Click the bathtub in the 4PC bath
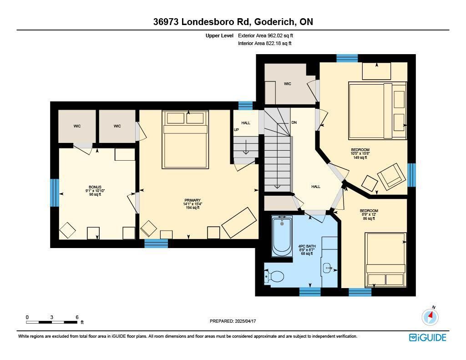coord(282,237)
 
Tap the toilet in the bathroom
coord(275,276)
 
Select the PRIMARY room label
coord(192,200)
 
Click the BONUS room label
coord(95,187)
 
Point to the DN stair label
coord(294,122)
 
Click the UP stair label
coord(236,130)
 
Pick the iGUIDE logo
coord(427,337)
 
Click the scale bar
coord(51,322)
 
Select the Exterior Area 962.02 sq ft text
coord(268,35)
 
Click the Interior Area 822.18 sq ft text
coord(264,44)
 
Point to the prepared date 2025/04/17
coord(233,321)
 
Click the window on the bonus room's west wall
coord(55,193)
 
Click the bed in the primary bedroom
coord(185,139)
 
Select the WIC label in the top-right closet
coord(288,84)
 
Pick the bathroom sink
coord(329,268)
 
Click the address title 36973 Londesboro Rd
coord(233,22)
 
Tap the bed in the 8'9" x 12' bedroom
coord(385,259)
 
